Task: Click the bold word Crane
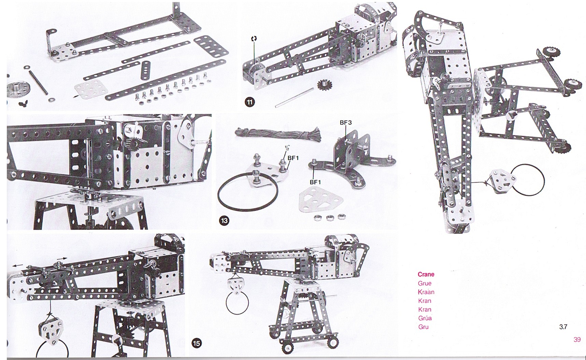(x=426, y=274)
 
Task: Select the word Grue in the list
(x=425, y=283)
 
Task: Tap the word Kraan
(x=426, y=292)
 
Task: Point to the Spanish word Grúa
(x=425, y=318)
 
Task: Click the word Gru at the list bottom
(x=423, y=327)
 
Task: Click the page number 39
(x=577, y=340)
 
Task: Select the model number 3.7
(x=563, y=327)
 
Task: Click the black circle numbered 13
(x=224, y=221)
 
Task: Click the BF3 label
(x=345, y=122)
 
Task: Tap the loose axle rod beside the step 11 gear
(x=294, y=98)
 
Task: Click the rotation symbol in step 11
(x=254, y=39)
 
